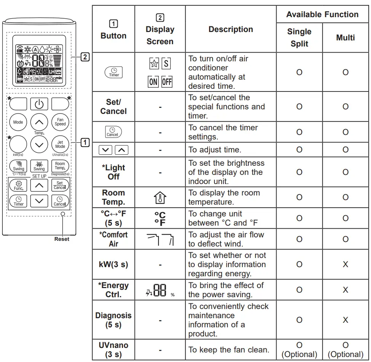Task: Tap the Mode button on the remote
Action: pyautogui.click(x=18, y=122)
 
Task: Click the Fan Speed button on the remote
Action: pyautogui.click(x=60, y=122)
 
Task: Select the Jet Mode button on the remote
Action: pyautogui.click(x=60, y=144)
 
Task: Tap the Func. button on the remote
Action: pyautogui.click(x=18, y=186)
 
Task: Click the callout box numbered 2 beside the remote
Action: pyautogui.click(x=85, y=57)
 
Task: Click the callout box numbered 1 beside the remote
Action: pyautogui.click(x=85, y=143)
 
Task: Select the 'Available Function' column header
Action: pyautogui.click(x=322, y=14)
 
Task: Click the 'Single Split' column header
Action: pyautogui.click(x=299, y=37)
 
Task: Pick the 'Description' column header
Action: pyautogui.click(x=230, y=29)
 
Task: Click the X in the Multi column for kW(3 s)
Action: pyautogui.click(x=345, y=264)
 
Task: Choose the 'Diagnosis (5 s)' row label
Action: pyautogui.click(x=113, y=320)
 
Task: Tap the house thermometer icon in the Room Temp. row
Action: pyautogui.click(x=160, y=197)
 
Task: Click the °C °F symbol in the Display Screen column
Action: pyautogui.click(x=160, y=218)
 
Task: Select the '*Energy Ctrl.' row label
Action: pyautogui.click(x=113, y=290)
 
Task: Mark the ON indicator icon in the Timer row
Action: pyautogui.click(x=153, y=82)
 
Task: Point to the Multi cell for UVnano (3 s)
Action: pyautogui.click(x=345, y=349)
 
